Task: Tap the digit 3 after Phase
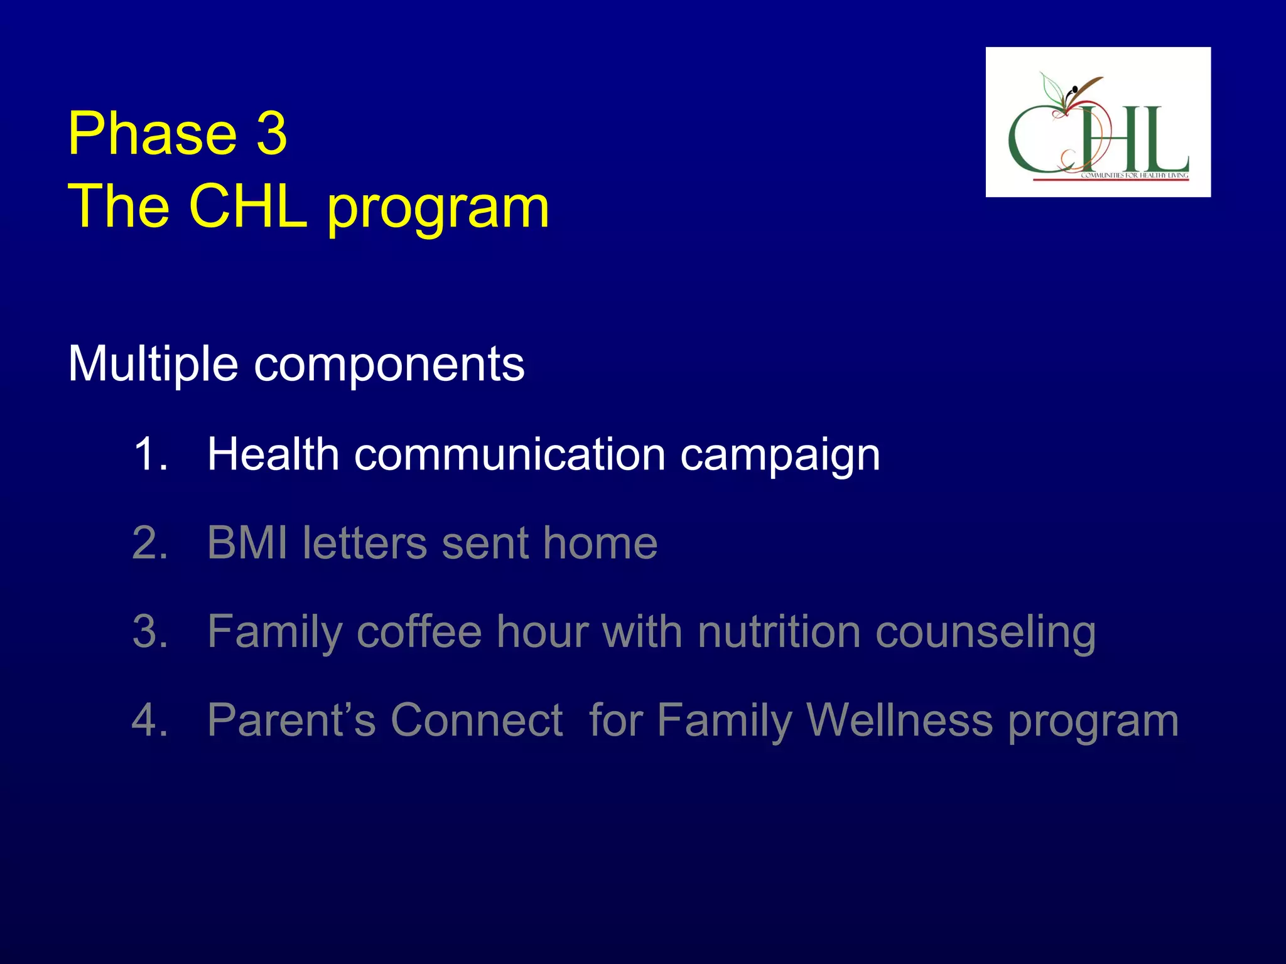[x=271, y=134]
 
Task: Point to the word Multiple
[x=153, y=365]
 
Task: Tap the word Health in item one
[x=273, y=454]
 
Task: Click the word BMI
[x=247, y=543]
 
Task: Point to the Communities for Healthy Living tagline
[x=1134, y=176]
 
